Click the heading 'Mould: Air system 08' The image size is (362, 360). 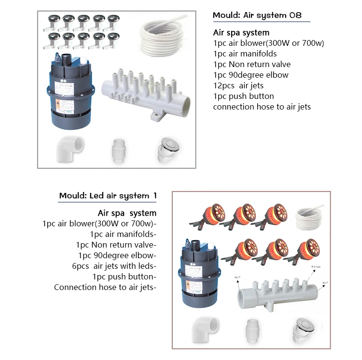click(x=257, y=15)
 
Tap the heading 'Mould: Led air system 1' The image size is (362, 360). click(x=108, y=195)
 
